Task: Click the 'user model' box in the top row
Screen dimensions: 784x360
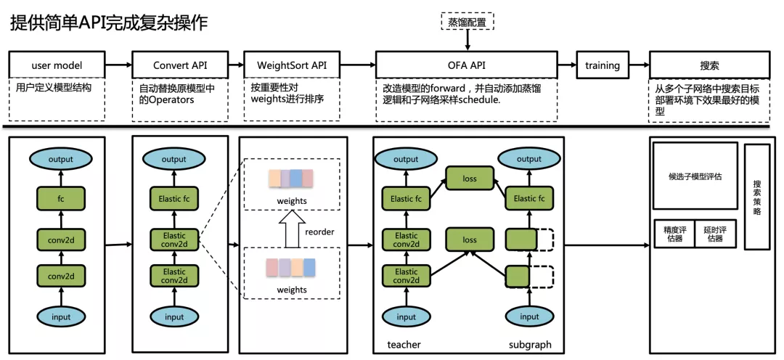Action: click(x=57, y=65)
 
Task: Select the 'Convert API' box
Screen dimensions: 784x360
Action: click(x=180, y=65)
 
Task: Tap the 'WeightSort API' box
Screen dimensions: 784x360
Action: click(x=292, y=65)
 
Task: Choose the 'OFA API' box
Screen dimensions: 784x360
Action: click(x=467, y=65)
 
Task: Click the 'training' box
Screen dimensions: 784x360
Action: click(x=603, y=65)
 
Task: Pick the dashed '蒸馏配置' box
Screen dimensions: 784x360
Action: click(x=467, y=21)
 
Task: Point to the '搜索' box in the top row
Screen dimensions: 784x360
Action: click(x=709, y=65)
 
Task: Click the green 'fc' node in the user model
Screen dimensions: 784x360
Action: click(x=61, y=198)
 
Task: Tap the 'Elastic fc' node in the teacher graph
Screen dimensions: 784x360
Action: click(x=406, y=198)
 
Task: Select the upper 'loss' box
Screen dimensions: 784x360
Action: click(x=470, y=179)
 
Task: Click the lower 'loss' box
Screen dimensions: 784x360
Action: click(x=470, y=240)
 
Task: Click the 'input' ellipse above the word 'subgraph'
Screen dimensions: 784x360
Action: click(x=529, y=316)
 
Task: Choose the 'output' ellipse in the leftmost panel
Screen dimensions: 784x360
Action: click(x=61, y=160)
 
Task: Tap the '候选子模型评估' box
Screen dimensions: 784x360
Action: click(x=695, y=176)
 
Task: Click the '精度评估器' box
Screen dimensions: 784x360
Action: click(x=674, y=234)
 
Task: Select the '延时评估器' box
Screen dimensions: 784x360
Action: click(x=716, y=234)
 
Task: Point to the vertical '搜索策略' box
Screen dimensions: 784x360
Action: click(x=757, y=197)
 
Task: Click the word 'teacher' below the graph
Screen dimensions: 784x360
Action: click(x=404, y=345)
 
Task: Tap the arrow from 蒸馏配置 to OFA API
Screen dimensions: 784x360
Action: click(x=467, y=40)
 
